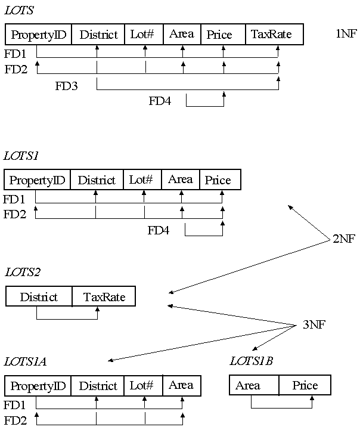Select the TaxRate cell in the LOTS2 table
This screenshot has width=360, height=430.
pos(104,297)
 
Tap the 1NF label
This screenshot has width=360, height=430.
pos(346,33)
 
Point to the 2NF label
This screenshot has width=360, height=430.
pos(343,240)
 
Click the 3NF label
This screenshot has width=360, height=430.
pos(314,325)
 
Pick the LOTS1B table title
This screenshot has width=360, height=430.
pos(251,361)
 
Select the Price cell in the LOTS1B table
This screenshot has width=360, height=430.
pos(305,385)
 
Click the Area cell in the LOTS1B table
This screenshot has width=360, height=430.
pos(248,385)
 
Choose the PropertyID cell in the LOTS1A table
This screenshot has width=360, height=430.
pos(38,386)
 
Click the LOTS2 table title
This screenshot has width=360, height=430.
pos(22,273)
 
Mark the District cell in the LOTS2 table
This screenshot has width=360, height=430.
pos(39,297)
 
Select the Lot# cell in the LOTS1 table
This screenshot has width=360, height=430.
pos(141,180)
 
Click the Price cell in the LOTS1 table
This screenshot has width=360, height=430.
pos(218,180)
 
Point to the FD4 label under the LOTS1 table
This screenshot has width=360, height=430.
pos(159,230)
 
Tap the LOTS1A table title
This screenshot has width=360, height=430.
pos(25,361)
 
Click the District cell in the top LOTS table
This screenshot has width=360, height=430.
pos(98,35)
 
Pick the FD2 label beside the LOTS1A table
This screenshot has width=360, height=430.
pos(15,420)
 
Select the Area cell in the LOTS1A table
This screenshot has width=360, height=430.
pos(181,385)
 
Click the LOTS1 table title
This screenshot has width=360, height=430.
pos(21,156)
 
